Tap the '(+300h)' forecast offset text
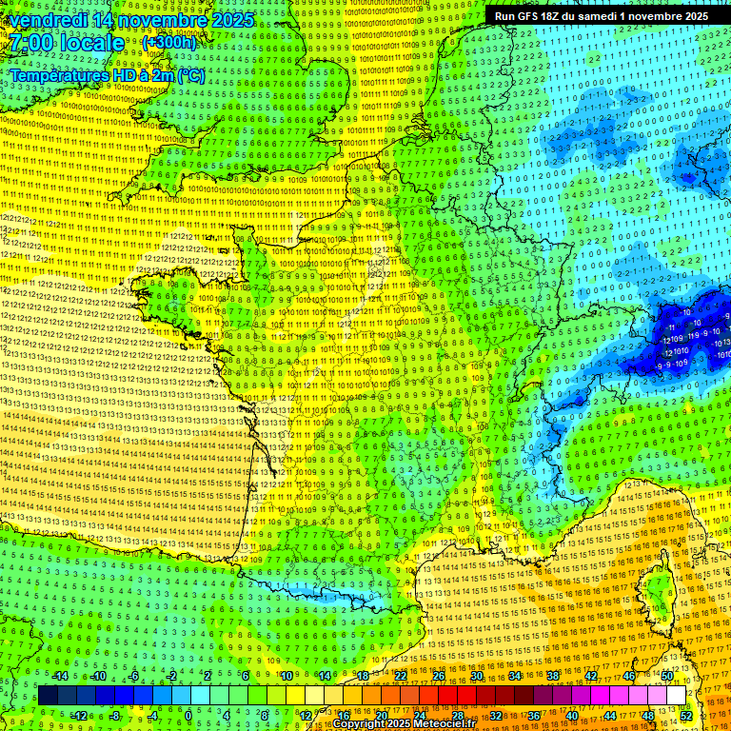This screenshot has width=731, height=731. click(x=168, y=43)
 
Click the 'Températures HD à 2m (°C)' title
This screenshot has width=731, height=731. click(x=107, y=75)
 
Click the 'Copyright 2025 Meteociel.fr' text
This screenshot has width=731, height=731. click(x=404, y=724)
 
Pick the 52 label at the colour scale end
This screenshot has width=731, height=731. click(x=686, y=716)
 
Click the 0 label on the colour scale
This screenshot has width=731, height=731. click(x=188, y=716)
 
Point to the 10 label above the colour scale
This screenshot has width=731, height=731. click(x=286, y=676)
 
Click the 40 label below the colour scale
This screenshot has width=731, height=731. click(x=571, y=716)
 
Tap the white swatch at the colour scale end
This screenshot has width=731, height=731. click(x=676, y=696)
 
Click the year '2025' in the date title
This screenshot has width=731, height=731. click(x=232, y=20)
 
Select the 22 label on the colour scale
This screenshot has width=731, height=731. click(x=400, y=676)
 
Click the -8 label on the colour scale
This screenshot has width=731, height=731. click(x=115, y=716)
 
